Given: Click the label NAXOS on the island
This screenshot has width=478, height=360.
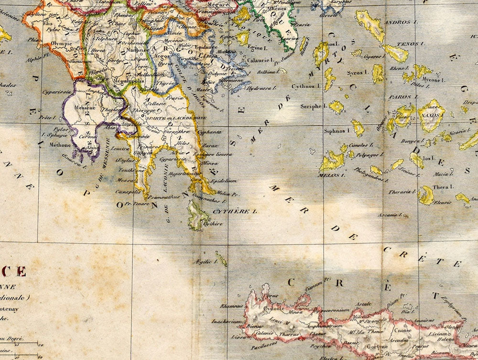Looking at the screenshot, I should (x=431, y=115).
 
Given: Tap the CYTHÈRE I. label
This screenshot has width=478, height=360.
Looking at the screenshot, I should (x=241, y=210).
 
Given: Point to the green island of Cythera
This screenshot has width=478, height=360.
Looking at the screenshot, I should (x=196, y=215).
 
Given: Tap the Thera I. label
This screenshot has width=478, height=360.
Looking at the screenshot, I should (x=443, y=186).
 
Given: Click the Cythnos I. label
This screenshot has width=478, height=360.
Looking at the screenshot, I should (x=305, y=87).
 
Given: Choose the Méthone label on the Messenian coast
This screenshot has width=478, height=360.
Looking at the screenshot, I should (x=60, y=145).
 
